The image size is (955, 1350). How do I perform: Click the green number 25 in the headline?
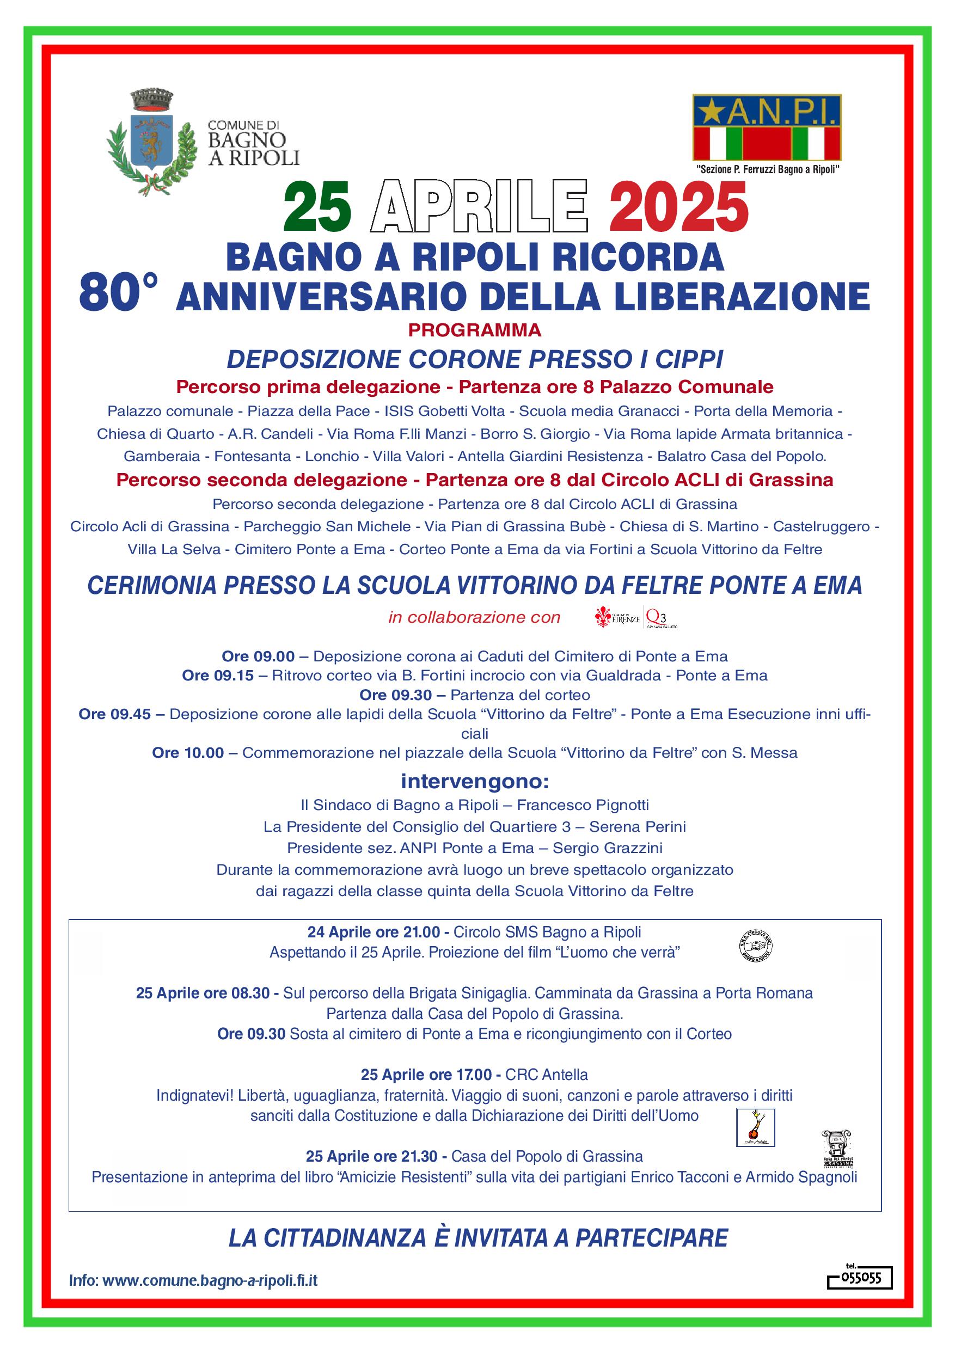(x=317, y=210)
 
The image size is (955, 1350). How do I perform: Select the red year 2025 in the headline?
(x=678, y=210)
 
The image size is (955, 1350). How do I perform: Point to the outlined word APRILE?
(x=480, y=210)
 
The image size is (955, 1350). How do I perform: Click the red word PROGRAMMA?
(x=475, y=330)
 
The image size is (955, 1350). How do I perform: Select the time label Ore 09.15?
(x=218, y=676)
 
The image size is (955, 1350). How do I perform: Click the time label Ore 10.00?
(x=188, y=753)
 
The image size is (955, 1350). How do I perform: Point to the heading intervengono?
(x=475, y=782)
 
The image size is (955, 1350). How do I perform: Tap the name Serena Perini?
(x=638, y=827)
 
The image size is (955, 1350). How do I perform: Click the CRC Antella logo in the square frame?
(x=756, y=1128)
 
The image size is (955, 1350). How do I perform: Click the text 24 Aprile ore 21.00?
(x=374, y=932)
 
